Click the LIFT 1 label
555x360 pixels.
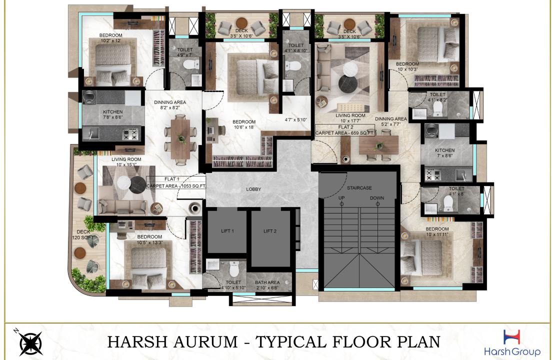[x=227, y=231]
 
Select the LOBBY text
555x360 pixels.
[x=254, y=189]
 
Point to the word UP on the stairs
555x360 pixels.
[x=342, y=198]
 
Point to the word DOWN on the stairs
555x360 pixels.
[x=377, y=198]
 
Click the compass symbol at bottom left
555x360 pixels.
[x=30, y=342]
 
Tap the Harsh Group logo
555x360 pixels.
[x=512, y=342]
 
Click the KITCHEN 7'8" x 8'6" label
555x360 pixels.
[x=112, y=114]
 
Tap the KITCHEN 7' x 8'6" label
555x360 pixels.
[x=444, y=153]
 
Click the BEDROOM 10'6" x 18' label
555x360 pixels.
[x=244, y=124]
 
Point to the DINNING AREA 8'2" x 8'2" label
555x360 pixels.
[x=170, y=104]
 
